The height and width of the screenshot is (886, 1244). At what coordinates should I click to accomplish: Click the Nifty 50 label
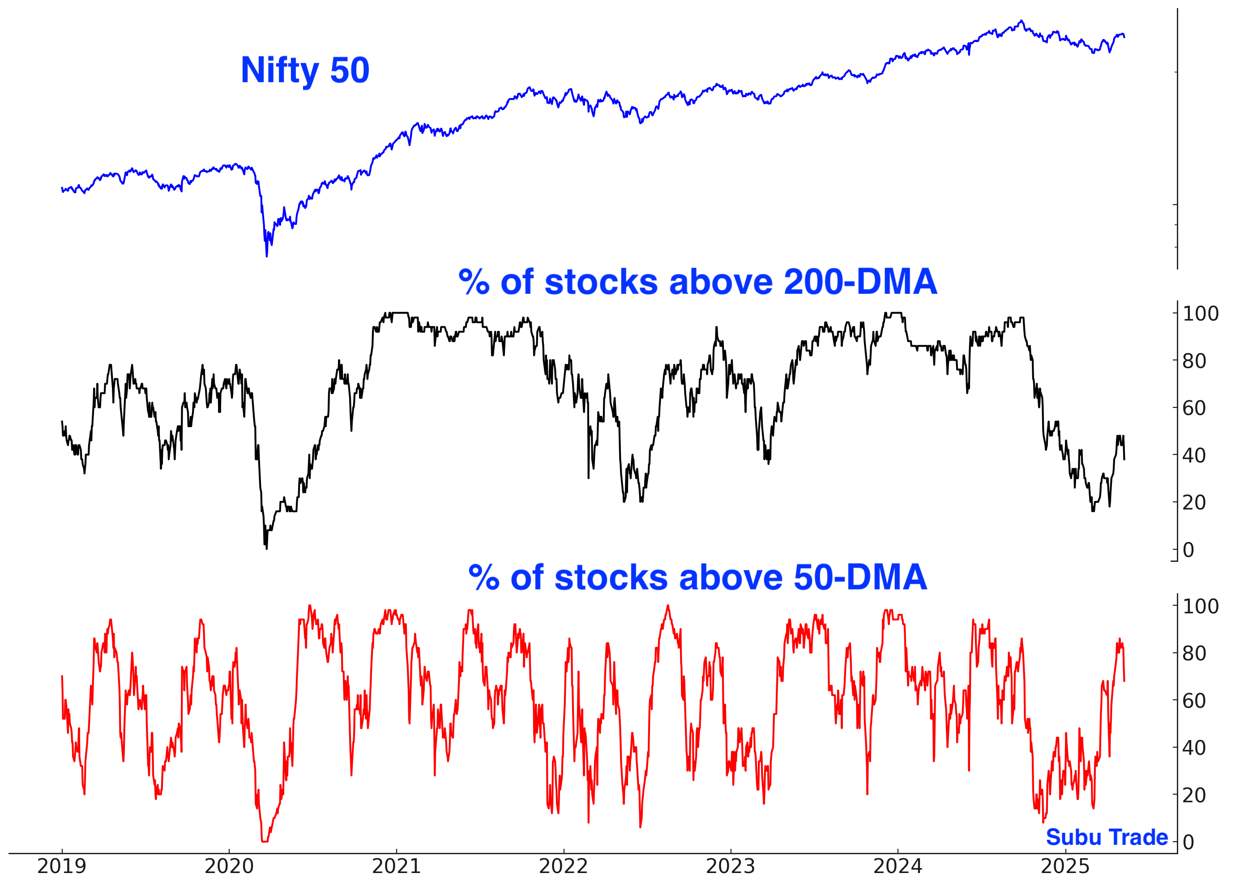(305, 70)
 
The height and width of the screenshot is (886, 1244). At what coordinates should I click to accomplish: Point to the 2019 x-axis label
(62, 866)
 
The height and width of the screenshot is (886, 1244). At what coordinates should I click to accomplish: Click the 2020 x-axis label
(229, 866)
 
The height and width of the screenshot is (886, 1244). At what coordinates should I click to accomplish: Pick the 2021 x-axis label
(397, 866)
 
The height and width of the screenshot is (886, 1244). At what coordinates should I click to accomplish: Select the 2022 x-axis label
(564, 866)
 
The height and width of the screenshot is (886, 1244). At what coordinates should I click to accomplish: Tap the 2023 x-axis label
(731, 866)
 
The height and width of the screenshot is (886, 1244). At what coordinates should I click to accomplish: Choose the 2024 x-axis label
(898, 866)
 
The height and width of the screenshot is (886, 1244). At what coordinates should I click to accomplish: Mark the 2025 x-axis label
(1065, 866)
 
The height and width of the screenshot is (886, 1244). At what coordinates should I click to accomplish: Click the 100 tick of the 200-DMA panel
(1201, 314)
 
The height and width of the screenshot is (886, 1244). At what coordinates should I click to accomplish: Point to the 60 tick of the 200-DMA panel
(1194, 408)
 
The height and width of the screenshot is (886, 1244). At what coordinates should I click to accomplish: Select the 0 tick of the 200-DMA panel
(1188, 550)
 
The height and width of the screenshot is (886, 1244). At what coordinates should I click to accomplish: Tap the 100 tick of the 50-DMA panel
(1201, 606)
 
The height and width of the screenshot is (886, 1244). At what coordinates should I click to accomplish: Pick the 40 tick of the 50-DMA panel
(1194, 748)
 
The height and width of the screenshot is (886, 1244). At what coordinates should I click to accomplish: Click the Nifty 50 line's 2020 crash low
(267, 256)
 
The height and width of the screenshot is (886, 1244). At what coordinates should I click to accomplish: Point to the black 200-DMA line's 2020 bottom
(267, 548)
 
